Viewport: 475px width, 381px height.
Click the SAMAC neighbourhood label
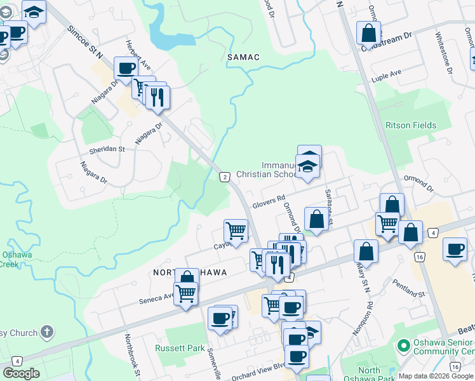click(243, 57)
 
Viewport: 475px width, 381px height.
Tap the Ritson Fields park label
click(411, 125)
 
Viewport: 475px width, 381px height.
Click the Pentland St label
click(408, 288)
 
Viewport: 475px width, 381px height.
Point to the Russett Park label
click(180, 348)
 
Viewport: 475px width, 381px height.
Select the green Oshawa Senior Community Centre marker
click(402, 346)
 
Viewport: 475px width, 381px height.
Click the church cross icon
click(46, 331)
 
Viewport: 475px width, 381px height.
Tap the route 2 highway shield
click(224, 177)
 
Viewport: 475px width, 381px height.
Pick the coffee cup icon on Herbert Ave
click(126, 68)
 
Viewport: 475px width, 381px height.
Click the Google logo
click(21, 373)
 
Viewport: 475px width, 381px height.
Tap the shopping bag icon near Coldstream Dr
click(368, 32)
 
